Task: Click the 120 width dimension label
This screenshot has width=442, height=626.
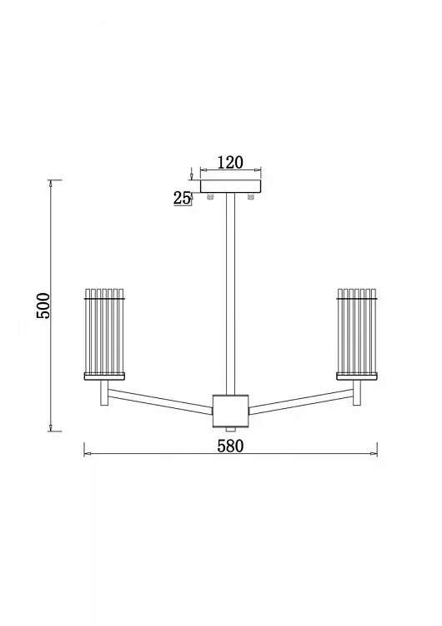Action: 230,163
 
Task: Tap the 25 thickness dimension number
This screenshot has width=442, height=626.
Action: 182,198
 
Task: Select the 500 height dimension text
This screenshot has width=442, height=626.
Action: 43,305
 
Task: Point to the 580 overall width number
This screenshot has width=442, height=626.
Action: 230,446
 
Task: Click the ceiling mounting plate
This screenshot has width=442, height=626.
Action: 230,186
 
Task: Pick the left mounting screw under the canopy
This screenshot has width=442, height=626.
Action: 210,196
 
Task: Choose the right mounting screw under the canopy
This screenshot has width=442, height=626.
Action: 251,196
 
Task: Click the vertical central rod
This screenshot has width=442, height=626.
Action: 230,295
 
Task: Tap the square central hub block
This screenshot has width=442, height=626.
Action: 230,411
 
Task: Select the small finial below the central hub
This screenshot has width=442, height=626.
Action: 230,429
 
